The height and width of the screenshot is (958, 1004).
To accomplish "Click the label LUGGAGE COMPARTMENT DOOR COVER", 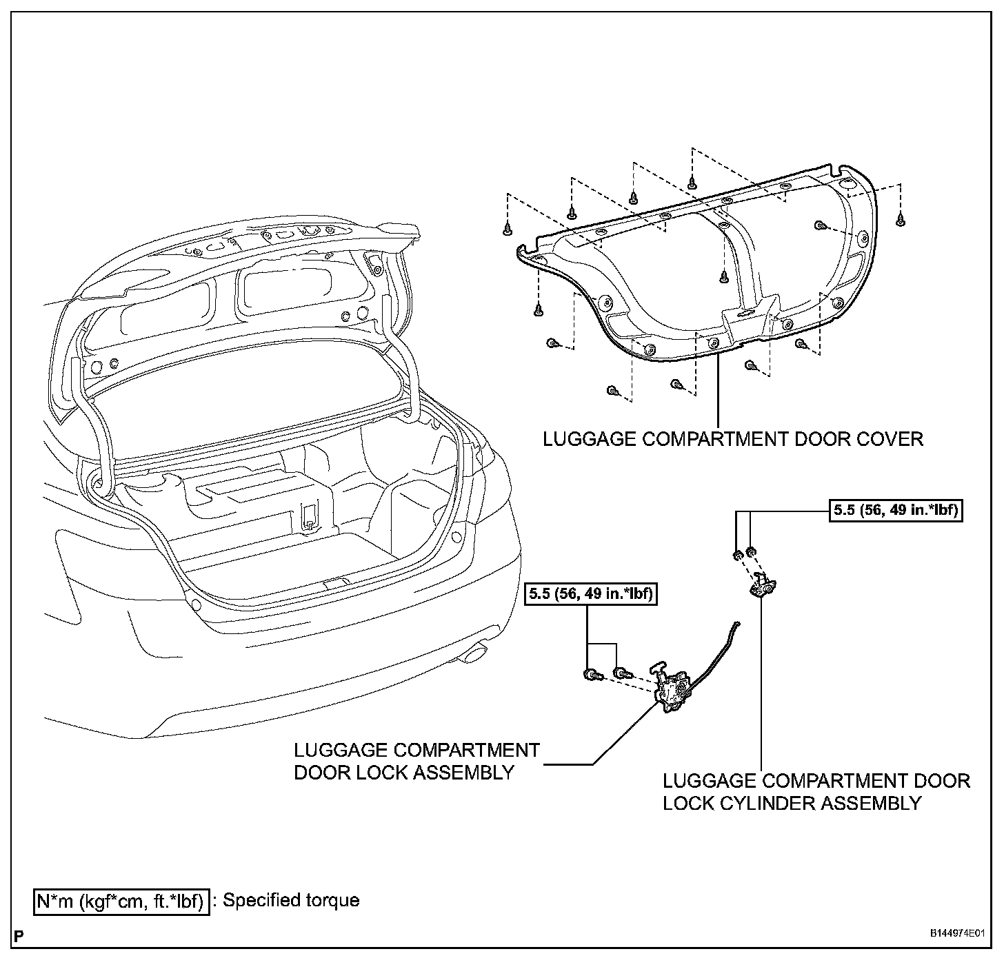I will click(732, 439).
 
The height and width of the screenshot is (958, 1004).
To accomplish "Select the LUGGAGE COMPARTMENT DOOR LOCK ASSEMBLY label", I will click(416, 761).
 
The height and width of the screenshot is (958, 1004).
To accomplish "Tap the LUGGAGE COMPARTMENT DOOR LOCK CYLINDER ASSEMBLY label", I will click(816, 792).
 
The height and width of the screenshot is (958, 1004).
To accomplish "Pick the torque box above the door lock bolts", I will click(591, 593).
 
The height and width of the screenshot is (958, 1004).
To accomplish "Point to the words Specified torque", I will click(291, 900).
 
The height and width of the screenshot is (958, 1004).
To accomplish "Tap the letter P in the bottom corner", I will click(18, 935).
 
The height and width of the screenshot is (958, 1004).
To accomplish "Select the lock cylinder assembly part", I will click(763, 585).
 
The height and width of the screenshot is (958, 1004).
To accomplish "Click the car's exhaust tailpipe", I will click(474, 651).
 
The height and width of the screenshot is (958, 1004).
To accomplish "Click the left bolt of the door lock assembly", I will click(590, 674).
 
